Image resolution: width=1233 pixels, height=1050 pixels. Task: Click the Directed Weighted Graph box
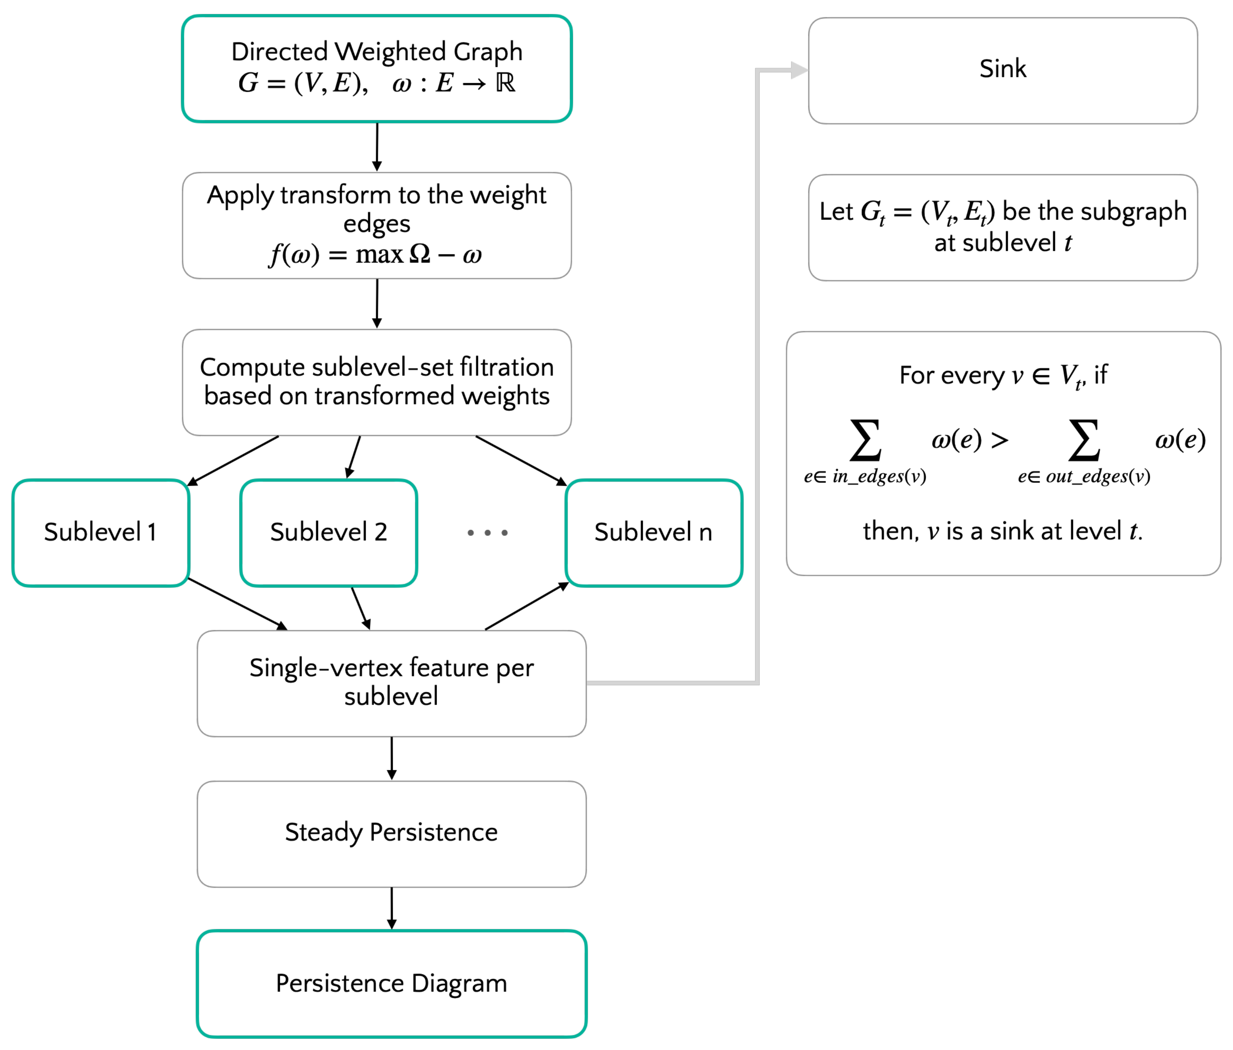click(377, 69)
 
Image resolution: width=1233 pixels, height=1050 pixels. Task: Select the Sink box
click(1003, 70)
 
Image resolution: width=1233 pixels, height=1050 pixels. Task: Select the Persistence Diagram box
click(392, 983)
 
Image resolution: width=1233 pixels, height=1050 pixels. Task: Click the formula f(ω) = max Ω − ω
click(375, 255)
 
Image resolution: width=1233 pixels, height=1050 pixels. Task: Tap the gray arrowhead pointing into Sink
click(799, 70)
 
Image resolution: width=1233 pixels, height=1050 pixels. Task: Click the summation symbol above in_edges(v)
click(865, 441)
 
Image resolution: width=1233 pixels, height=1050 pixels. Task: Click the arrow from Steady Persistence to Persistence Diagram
click(392, 908)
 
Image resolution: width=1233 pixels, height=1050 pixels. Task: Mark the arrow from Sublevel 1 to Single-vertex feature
click(238, 604)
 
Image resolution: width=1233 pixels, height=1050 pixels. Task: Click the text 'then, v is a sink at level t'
click(1003, 531)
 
